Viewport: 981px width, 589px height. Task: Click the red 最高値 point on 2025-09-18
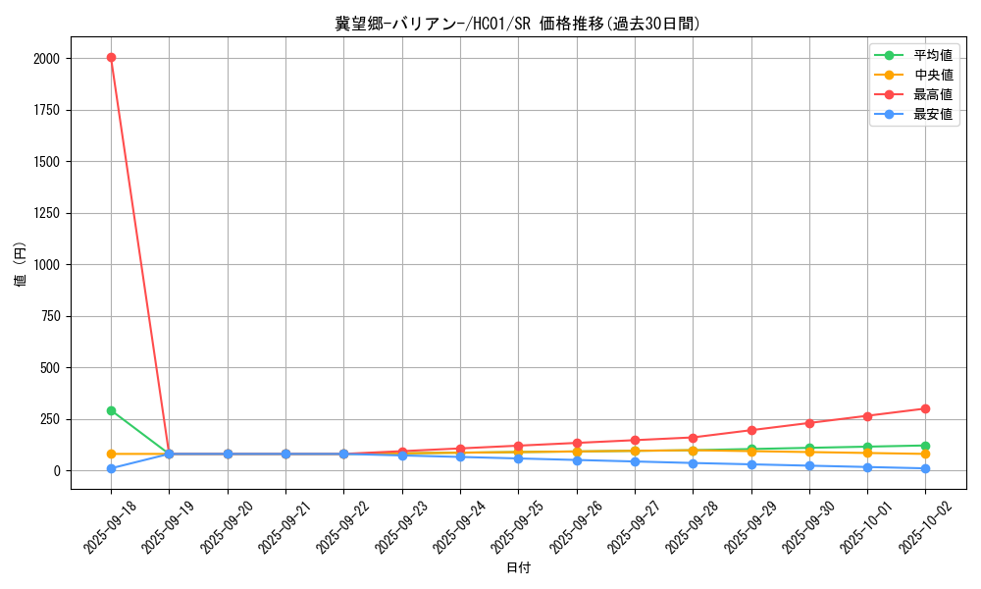111,58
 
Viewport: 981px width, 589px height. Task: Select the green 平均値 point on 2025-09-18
111,410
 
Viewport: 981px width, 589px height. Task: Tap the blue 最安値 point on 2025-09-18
111,468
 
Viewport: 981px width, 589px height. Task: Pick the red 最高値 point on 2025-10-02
925,408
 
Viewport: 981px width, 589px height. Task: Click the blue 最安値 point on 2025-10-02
925,468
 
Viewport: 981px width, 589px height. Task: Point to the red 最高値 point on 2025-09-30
809,423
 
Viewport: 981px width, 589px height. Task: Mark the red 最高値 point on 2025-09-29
751,430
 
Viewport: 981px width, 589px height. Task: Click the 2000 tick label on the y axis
45,59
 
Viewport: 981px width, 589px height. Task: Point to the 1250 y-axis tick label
45,213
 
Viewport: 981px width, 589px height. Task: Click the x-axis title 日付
518,568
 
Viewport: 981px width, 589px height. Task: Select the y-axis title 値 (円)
21,264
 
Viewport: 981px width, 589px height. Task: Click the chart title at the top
518,24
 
